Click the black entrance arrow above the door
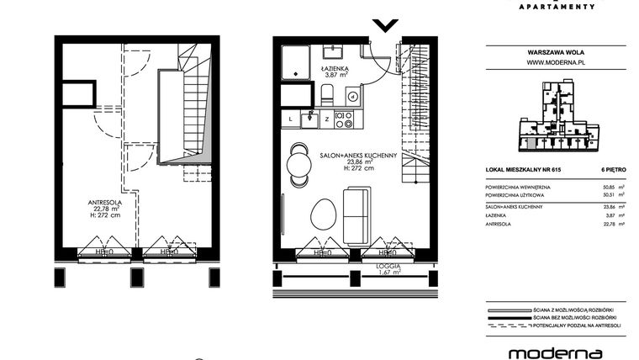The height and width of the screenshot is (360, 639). coord(385,25)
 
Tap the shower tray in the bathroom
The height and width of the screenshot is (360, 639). coord(297,64)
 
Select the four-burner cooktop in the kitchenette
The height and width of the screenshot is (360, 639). coord(343,119)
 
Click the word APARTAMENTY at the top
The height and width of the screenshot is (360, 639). coord(559,4)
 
